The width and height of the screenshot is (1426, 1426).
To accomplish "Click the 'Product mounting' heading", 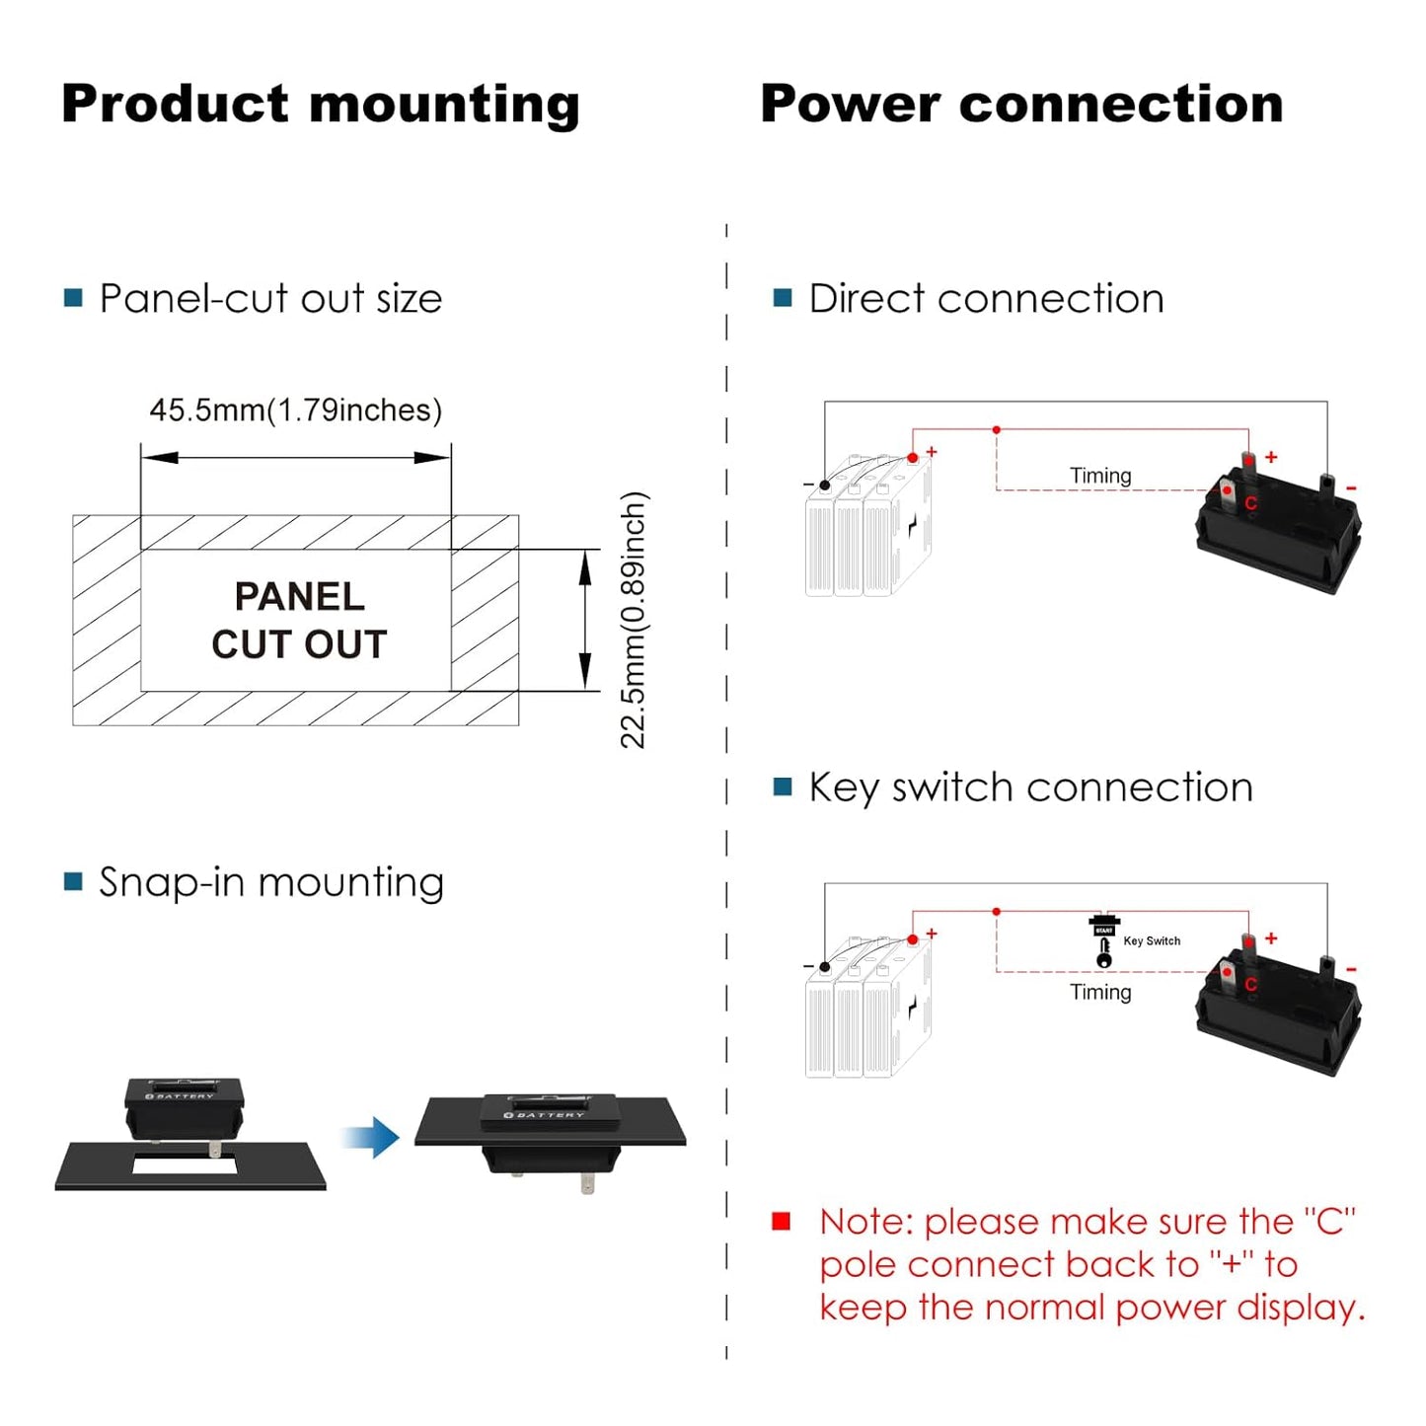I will pos(320,105).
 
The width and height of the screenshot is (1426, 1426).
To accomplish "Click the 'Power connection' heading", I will pos(1021,105).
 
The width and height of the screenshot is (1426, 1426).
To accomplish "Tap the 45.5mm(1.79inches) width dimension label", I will pos(295,411).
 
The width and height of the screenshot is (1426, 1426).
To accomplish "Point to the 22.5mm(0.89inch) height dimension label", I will pos(633,620).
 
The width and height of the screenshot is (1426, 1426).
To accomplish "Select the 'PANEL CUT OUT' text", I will pos(299,620).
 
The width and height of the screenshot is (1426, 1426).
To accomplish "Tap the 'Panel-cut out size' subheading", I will pos(270,298).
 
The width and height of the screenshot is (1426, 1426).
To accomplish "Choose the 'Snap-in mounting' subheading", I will pos(271,882).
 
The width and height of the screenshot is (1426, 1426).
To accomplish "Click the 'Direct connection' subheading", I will pos(986,298).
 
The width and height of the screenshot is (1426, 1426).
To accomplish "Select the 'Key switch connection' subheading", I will pos(1030,788).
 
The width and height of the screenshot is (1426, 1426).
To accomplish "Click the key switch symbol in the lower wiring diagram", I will pos(1103,942).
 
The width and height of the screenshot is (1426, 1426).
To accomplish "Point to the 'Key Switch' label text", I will pos(1152,940).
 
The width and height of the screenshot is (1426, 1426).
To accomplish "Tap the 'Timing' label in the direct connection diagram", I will pos(1100,476).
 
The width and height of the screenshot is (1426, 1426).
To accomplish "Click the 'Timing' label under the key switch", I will pos(1100,992).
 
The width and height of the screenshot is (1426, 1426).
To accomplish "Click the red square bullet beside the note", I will pos(782,1222).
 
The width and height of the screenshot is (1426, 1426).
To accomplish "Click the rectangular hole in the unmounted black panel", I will pos(185,1166).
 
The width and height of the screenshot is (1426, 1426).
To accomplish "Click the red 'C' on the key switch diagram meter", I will pos(1251,984).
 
